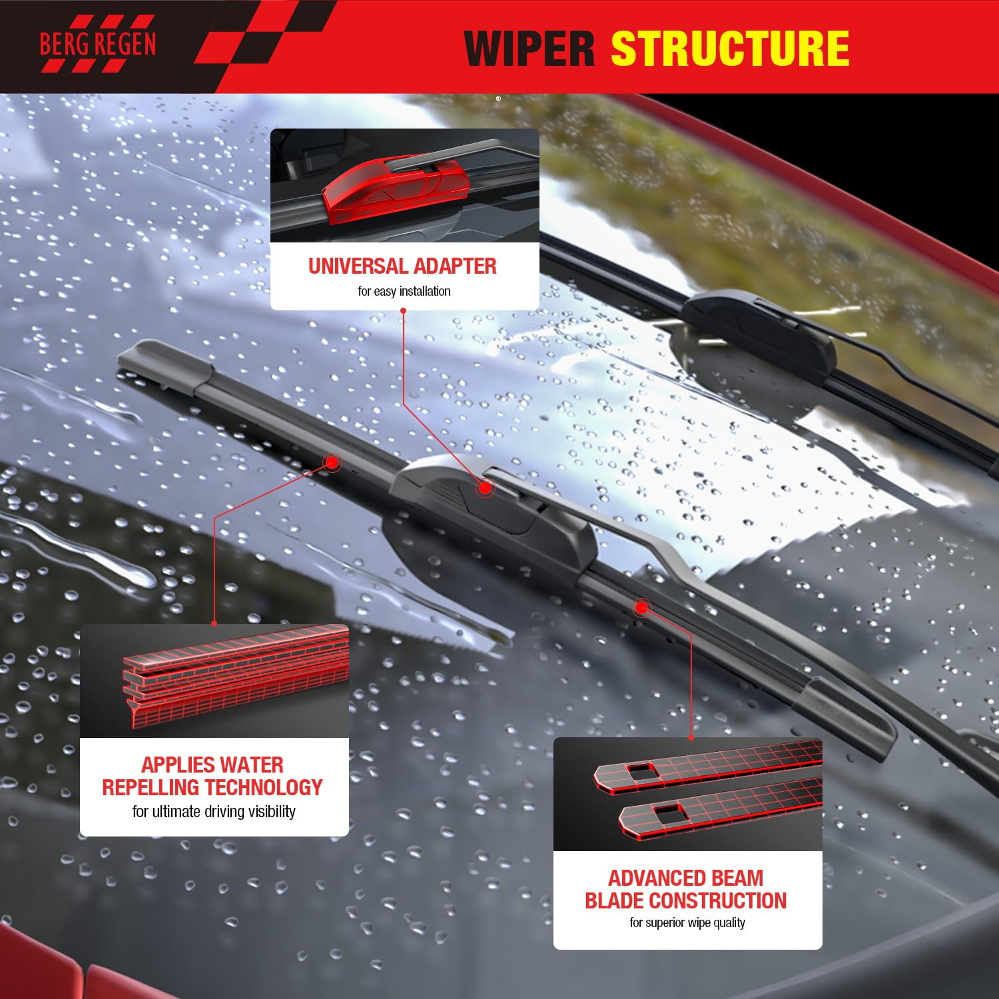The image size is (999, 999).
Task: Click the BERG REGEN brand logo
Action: [x=97, y=45]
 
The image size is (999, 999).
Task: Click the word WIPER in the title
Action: [x=529, y=48]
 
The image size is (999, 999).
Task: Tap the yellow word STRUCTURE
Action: [x=730, y=48]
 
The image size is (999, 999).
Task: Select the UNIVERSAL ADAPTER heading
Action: [x=402, y=266]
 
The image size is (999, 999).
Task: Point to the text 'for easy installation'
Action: [x=404, y=291]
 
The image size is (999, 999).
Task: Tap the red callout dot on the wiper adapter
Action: [x=486, y=488]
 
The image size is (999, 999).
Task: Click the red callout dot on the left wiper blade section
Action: [x=331, y=462]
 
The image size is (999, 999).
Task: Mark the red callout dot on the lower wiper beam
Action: [x=641, y=607]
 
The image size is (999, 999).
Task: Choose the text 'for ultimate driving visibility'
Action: [x=214, y=811]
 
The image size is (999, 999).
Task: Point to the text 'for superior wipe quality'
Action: [x=687, y=922]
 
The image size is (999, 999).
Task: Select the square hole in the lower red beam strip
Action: [x=668, y=811]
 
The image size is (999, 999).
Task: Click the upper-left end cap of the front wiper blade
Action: [x=163, y=365]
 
